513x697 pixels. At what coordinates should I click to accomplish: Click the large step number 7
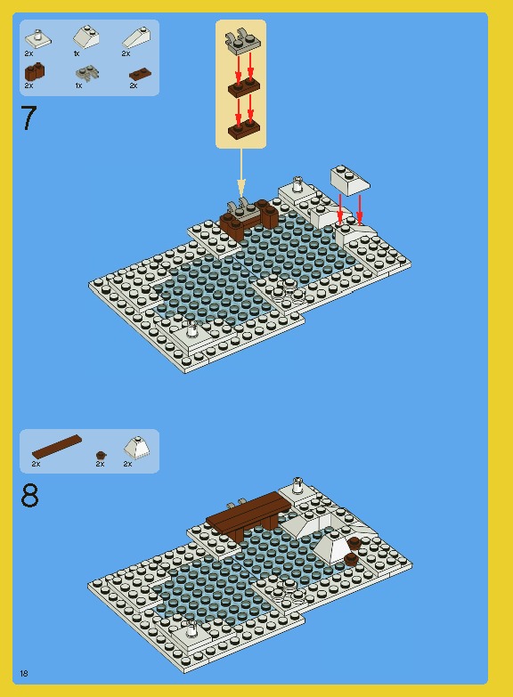coord(28,118)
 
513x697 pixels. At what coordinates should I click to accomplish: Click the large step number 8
coord(29,496)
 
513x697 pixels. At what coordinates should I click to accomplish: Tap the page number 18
coord(24,673)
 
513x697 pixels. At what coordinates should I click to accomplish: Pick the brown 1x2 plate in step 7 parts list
coord(139,74)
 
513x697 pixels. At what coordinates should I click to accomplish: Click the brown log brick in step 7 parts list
coord(34,72)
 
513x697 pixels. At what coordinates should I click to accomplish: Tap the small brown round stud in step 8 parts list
coord(101,455)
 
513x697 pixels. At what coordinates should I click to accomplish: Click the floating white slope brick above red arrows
coord(350,179)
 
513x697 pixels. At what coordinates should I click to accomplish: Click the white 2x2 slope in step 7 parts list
coord(86,37)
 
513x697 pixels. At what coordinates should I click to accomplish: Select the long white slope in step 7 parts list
coord(137,37)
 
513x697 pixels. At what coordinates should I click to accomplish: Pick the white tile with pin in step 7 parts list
coord(37,37)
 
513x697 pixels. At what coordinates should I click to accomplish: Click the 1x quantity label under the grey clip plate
coord(77,86)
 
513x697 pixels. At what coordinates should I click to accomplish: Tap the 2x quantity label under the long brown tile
coord(37,464)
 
